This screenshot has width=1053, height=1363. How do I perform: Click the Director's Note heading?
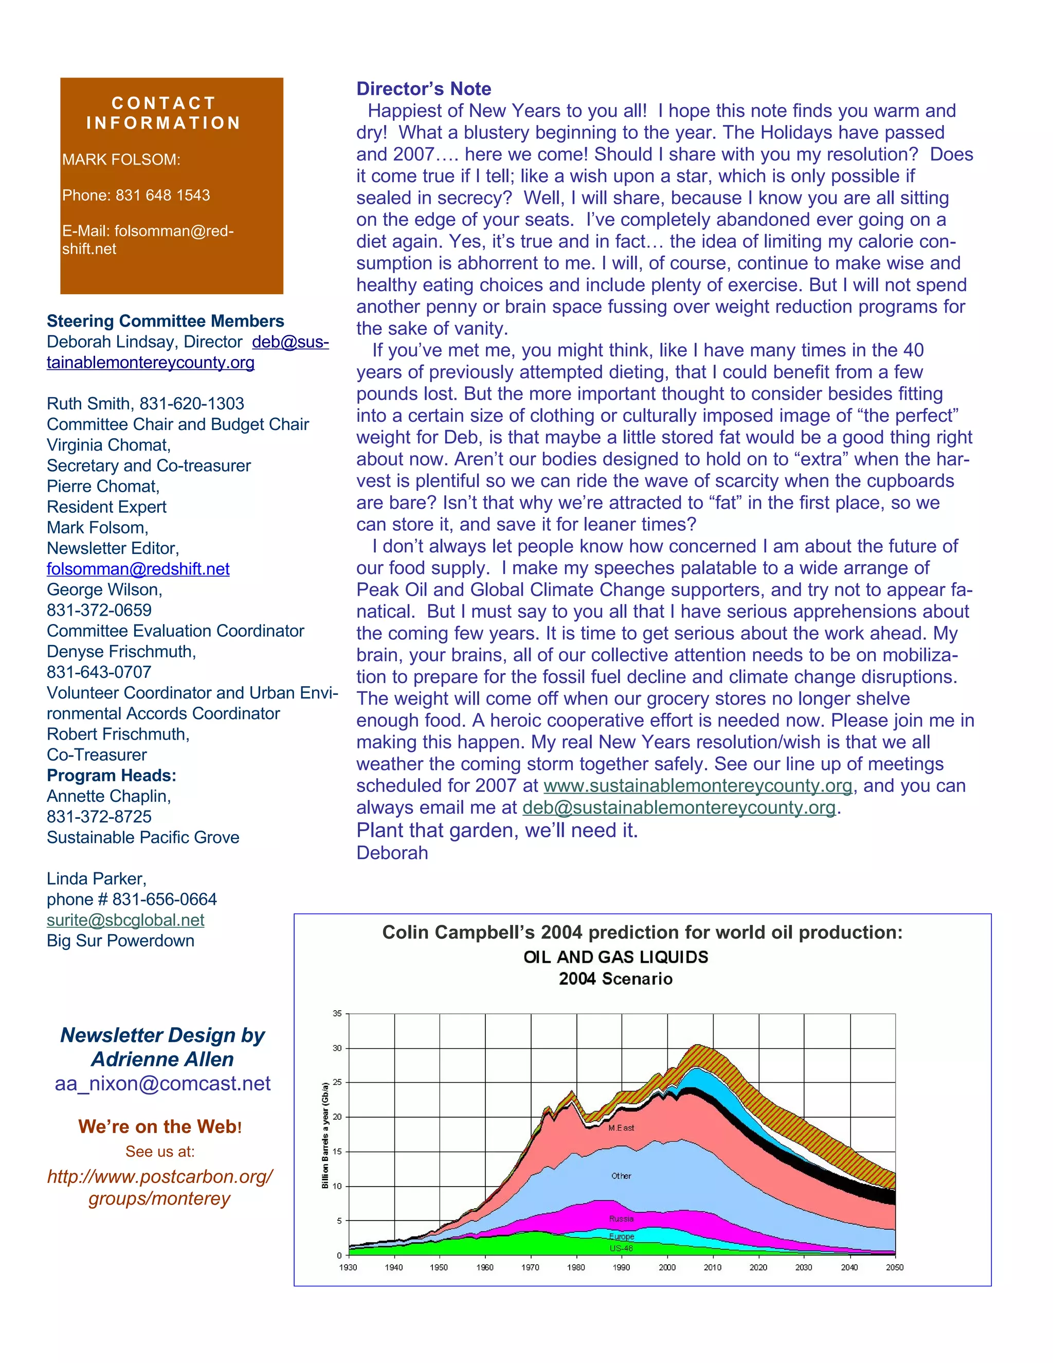point(424,88)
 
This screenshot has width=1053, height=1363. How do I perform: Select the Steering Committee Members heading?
point(166,321)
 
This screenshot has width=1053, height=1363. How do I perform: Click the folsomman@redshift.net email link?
point(138,568)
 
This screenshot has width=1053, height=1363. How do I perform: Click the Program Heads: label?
point(112,775)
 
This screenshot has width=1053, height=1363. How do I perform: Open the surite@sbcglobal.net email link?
point(125,920)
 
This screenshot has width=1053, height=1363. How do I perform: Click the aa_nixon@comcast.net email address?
point(162,1083)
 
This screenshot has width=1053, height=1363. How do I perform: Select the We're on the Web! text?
point(160,1126)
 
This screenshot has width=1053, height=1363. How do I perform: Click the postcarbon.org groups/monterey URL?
point(160,1187)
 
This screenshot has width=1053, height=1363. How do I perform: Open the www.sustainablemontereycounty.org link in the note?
point(697,786)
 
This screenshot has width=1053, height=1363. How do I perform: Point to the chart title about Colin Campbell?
point(642,932)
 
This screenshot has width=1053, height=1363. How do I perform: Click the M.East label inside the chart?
point(621,1128)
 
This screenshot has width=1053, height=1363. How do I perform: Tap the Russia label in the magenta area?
point(621,1218)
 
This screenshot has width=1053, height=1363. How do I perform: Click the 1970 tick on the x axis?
point(530,1267)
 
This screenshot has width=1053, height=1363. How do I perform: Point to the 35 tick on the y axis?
point(337,1014)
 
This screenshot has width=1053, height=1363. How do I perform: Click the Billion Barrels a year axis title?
point(325,1135)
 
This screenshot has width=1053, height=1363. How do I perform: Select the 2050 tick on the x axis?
point(894,1267)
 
